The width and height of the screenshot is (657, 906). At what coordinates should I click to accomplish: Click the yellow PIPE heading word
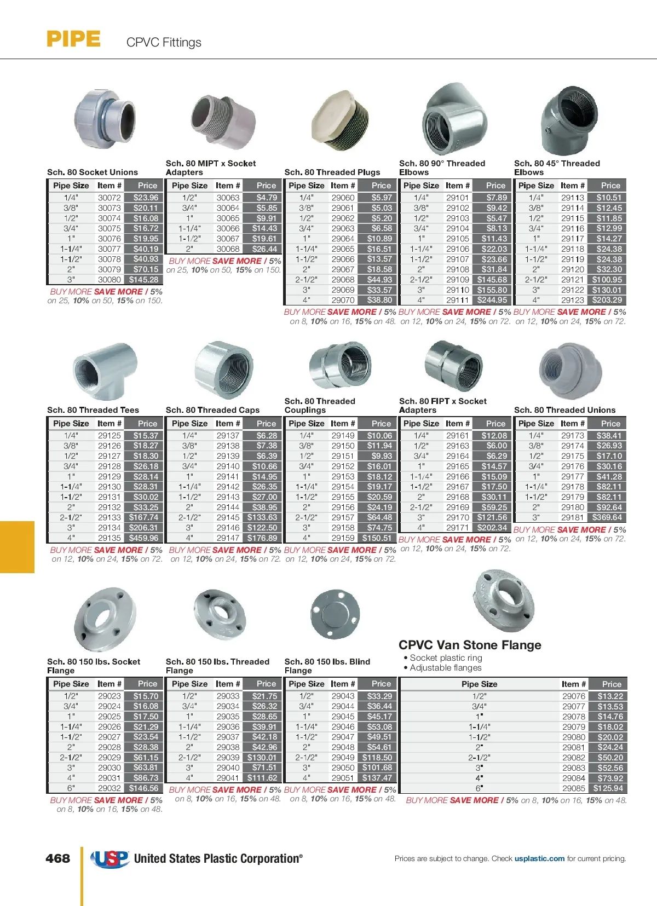73,39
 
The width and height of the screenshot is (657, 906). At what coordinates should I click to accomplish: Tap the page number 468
58,858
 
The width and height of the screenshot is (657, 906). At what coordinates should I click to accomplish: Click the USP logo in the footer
109,859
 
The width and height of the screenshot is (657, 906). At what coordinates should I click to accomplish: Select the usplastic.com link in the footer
539,858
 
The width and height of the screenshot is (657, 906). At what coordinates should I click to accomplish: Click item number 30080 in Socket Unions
109,280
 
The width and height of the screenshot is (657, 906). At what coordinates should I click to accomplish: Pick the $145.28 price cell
144,280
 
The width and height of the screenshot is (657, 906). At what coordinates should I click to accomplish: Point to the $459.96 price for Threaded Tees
144,538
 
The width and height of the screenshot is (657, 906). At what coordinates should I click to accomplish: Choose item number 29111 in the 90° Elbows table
457,300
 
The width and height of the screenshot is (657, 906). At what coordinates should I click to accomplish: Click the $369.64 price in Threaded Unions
607,517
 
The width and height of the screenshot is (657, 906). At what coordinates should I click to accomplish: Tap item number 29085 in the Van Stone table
574,788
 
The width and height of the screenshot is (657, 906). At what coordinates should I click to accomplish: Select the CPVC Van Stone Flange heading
470,645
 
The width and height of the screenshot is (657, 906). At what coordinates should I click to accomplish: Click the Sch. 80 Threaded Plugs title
332,172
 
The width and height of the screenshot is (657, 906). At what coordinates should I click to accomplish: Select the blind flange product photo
335,614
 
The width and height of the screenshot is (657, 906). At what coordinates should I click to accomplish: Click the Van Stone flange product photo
502,601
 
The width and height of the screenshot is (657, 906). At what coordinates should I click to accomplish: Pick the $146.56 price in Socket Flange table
144,788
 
